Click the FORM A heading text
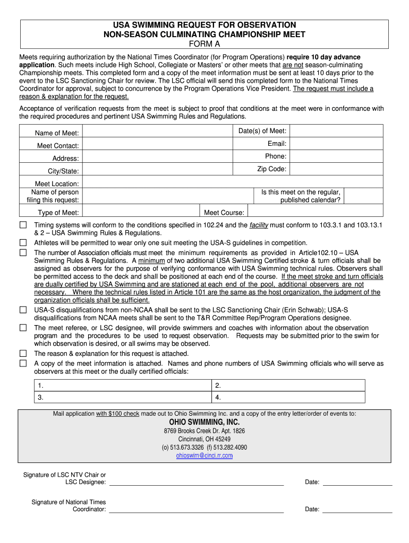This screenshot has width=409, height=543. coord(204,45)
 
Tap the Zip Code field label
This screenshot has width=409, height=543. coord(272,169)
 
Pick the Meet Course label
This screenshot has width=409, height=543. coord(224,213)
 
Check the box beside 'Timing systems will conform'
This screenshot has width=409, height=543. coord(23,225)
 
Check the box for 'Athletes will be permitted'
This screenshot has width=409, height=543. coord(23,242)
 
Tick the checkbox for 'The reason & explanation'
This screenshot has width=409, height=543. coord(23,353)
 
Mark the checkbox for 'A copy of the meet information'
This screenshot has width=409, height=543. coord(23,363)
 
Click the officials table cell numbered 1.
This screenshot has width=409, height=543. coord(122,386)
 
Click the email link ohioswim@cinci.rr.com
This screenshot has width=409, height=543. coord(204,456)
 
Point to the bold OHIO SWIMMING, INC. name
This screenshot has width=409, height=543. coord(204,422)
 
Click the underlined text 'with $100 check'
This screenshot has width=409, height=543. coord(117,414)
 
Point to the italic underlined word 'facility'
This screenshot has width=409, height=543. coord(260,225)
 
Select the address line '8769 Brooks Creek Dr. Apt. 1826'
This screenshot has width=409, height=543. coord(204,431)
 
